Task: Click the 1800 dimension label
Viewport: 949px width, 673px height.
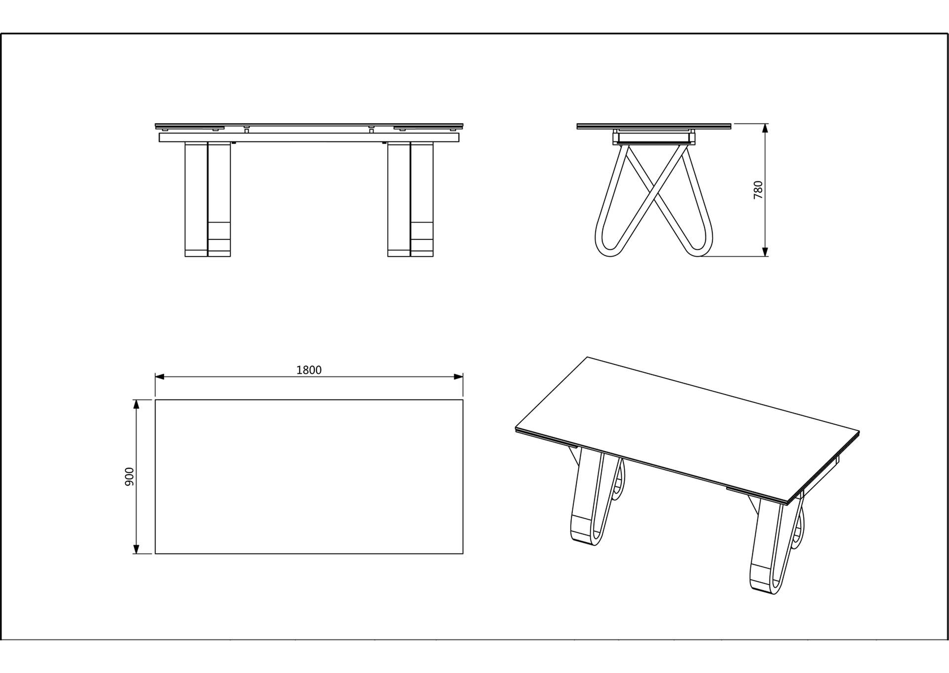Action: [309, 370]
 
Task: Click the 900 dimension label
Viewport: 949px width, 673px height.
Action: [129, 476]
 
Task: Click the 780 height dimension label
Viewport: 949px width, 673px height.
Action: [758, 190]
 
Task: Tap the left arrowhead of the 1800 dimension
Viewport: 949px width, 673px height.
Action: [159, 377]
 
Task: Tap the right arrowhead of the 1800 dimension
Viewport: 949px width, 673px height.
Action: [459, 377]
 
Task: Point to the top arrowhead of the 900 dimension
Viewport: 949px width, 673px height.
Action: [136, 404]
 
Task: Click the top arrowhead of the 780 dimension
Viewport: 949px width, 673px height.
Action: [765, 128]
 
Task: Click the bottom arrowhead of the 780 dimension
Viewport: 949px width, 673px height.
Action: [765, 252]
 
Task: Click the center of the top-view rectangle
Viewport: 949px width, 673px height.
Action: [309, 477]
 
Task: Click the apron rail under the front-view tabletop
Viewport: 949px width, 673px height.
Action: [309, 137]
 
